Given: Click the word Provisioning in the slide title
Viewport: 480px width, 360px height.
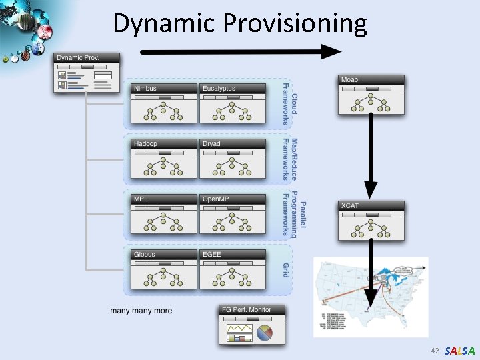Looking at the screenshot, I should (295, 24).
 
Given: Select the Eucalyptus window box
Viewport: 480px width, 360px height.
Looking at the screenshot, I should (232, 103).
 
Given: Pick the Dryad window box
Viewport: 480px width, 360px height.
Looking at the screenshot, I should (232, 159).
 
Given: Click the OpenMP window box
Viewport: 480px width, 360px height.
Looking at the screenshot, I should (232, 214).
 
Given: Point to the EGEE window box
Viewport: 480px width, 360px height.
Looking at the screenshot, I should (232, 269).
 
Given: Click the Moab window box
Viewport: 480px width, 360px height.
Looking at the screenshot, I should (371, 95).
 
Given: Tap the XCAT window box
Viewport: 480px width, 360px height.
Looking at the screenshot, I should (371, 220).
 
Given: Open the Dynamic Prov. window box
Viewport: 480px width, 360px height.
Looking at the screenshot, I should (87, 72).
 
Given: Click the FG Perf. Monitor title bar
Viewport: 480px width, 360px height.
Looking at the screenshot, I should (252, 309).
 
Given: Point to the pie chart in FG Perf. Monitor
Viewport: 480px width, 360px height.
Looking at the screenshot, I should (265, 332).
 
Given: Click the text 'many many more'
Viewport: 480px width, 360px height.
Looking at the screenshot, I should (141, 311).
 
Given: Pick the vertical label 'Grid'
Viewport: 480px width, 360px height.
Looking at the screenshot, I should (286, 270).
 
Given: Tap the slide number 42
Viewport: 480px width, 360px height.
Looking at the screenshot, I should (435, 351).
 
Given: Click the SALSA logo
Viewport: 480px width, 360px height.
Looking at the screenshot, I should (459, 351).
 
